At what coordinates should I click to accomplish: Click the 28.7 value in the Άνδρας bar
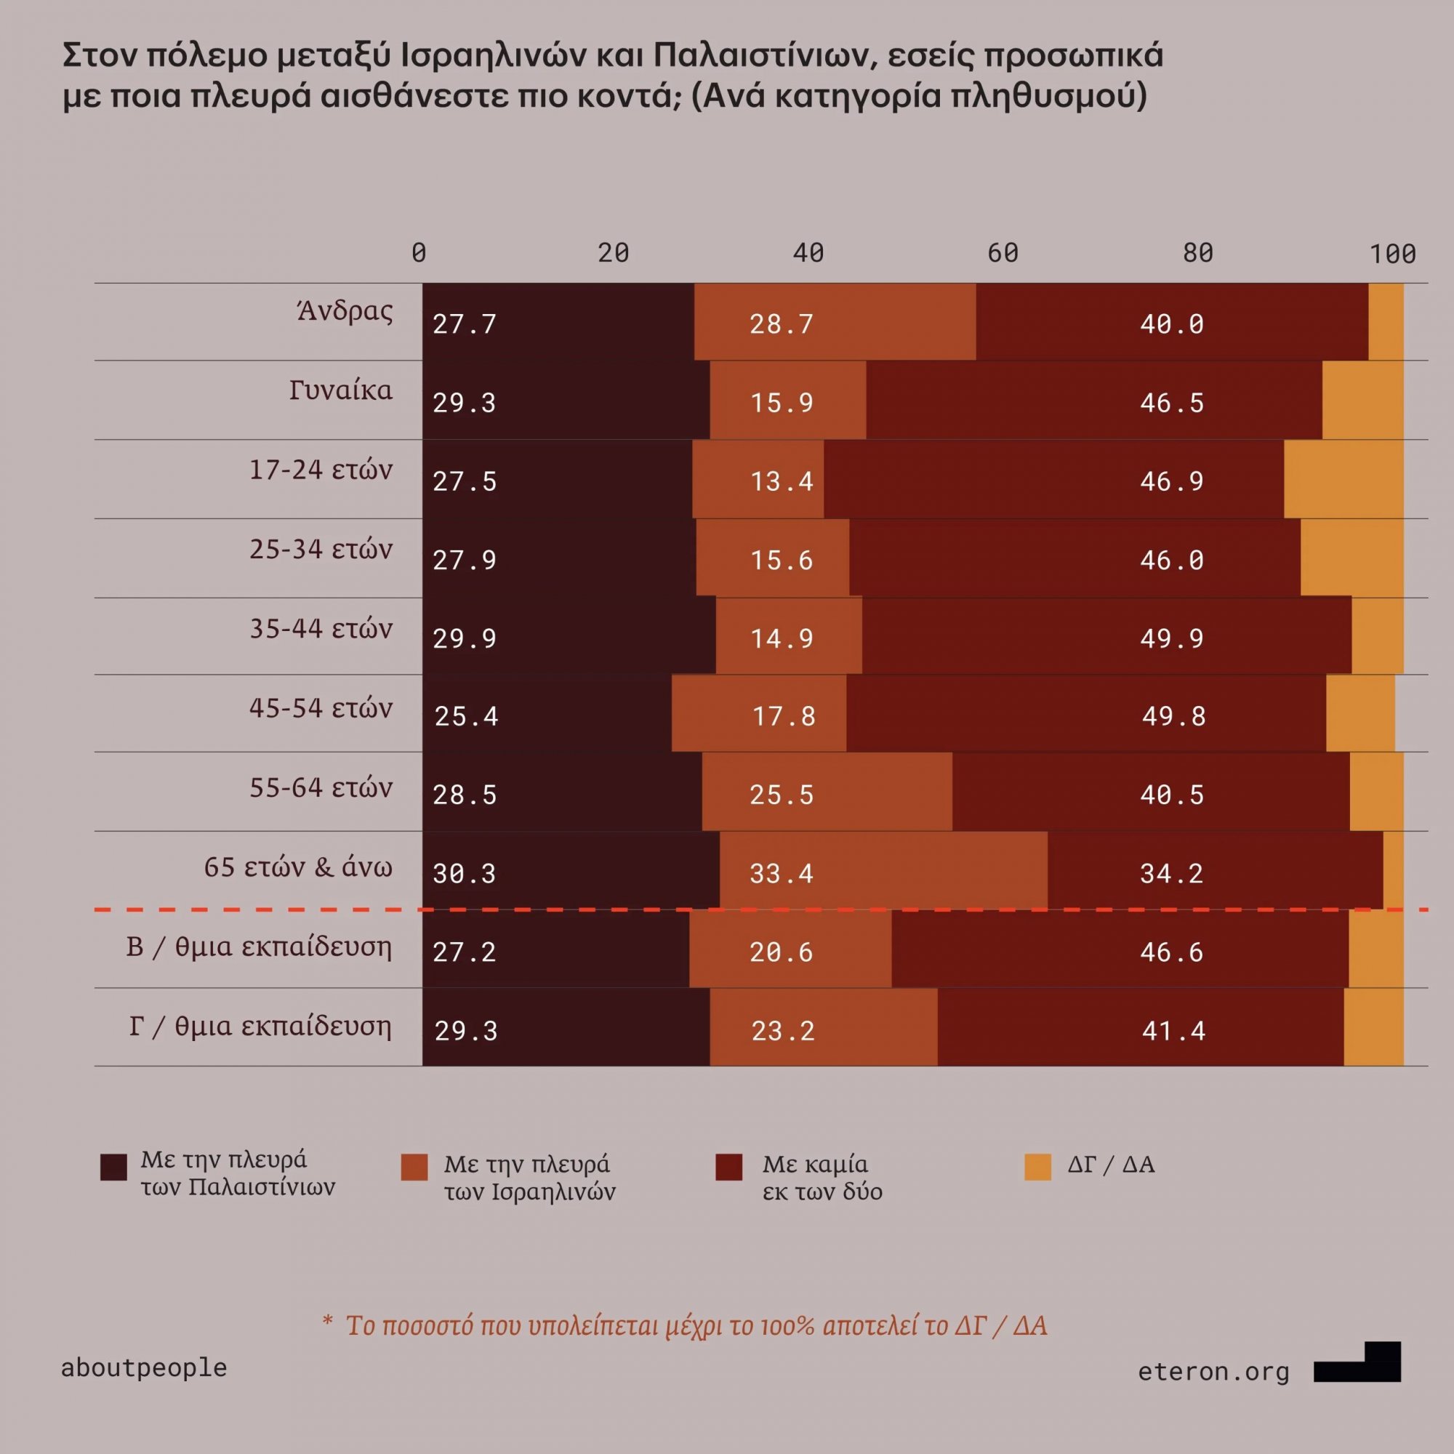(x=782, y=324)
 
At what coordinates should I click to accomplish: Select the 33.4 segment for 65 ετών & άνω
(x=782, y=874)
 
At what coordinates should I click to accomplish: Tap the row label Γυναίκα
(x=341, y=390)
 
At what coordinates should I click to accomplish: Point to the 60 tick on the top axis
(x=1003, y=254)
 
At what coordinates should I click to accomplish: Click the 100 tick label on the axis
(x=1392, y=254)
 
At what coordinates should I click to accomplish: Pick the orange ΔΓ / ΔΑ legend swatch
(x=1038, y=1167)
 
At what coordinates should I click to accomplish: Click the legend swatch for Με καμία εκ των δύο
(x=728, y=1167)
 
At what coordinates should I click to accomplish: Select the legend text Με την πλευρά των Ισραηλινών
(x=529, y=1178)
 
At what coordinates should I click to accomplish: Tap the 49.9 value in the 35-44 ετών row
(x=1172, y=639)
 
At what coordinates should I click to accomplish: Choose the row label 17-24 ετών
(x=321, y=470)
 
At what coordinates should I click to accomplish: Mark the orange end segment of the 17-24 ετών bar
(x=1343, y=479)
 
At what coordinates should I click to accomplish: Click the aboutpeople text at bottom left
(x=144, y=1367)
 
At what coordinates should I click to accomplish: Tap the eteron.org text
(x=1213, y=1371)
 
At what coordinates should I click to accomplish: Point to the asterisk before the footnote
(x=327, y=1323)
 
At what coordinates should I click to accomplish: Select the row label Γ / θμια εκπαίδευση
(x=260, y=1026)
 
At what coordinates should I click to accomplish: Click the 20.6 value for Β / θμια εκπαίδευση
(x=782, y=953)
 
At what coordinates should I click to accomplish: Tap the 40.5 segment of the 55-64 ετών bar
(x=1172, y=795)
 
